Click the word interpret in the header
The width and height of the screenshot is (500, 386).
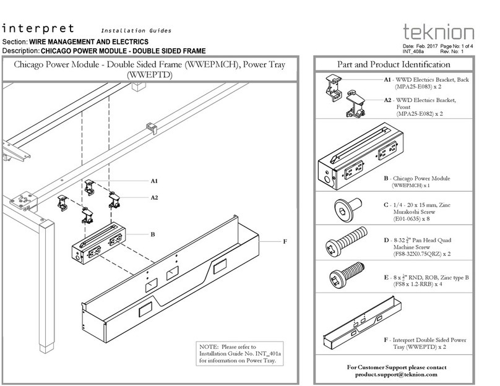pyautogui.click(x=38, y=28)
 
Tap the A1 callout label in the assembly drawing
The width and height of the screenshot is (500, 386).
pyautogui.click(x=154, y=181)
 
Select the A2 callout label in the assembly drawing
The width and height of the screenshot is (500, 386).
pyautogui.click(x=154, y=197)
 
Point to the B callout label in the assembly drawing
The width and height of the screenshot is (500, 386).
pyautogui.click(x=153, y=234)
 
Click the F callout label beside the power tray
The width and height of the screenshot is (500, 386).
pyautogui.click(x=285, y=241)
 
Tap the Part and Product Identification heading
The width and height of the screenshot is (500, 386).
pyautogui.click(x=394, y=64)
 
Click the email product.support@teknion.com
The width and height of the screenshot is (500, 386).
pyautogui.click(x=396, y=375)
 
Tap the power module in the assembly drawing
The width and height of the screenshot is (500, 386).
pyautogui.click(x=99, y=244)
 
